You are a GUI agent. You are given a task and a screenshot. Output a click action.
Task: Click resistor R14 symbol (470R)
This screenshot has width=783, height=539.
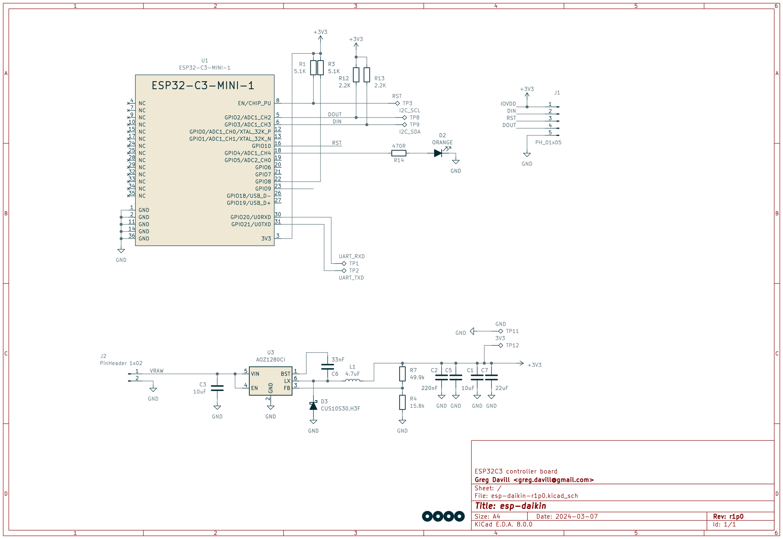click(398, 153)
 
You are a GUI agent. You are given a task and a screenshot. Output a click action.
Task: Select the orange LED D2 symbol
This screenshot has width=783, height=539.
click(438, 153)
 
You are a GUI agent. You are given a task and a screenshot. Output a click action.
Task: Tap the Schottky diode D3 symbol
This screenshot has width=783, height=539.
click(313, 406)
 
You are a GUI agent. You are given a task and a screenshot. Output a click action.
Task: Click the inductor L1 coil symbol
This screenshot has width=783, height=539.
click(352, 380)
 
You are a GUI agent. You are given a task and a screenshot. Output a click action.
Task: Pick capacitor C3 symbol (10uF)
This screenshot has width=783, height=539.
click(217, 388)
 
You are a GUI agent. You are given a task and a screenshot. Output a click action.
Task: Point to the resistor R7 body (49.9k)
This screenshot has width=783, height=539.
click(402, 374)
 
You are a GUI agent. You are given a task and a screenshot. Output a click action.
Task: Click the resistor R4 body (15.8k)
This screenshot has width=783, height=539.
click(402, 402)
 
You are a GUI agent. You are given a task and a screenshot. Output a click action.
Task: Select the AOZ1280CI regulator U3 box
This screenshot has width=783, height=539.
click(270, 381)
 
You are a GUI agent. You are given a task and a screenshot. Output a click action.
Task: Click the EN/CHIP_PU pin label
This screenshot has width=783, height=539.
click(254, 103)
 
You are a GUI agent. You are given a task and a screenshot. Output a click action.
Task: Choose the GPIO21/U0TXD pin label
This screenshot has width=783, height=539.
click(251, 224)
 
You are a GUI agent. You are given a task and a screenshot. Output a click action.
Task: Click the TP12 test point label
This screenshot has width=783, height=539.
click(512, 345)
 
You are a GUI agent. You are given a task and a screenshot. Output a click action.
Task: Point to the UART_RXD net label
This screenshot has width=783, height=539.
click(351, 256)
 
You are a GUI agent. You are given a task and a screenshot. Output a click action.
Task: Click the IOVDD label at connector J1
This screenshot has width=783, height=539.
click(508, 104)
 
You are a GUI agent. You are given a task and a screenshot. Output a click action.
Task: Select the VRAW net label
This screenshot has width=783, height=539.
click(157, 371)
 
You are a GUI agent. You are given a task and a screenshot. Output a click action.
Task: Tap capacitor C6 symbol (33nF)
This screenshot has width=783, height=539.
click(327, 367)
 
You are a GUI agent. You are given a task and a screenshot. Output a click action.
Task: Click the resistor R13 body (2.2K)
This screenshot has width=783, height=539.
click(366, 75)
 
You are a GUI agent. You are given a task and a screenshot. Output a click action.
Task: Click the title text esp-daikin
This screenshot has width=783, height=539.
click(510, 506)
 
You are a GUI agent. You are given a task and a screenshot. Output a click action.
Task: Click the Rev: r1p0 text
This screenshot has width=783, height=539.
click(728, 516)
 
